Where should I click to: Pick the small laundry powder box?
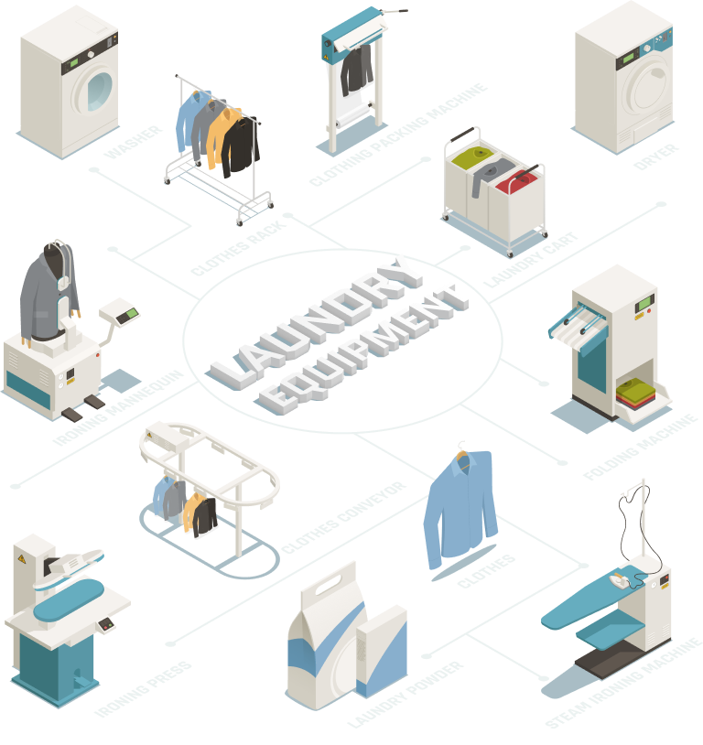pos(380,654)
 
